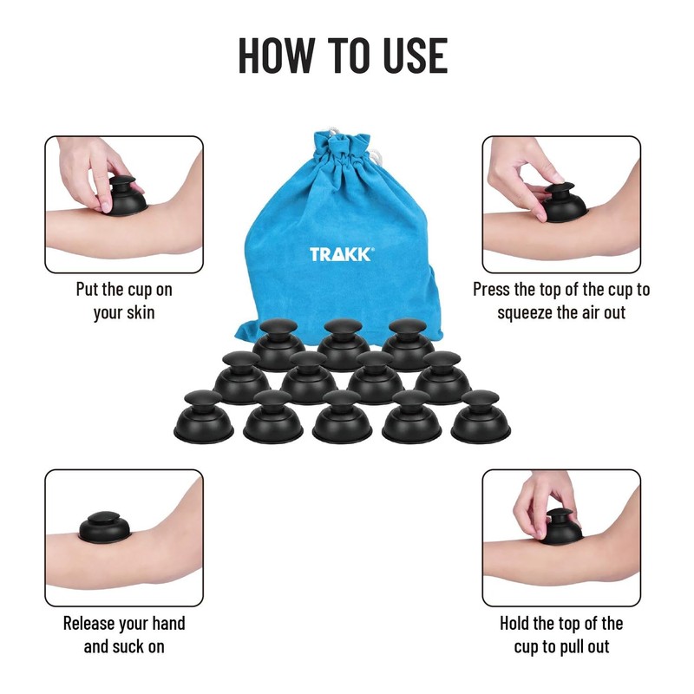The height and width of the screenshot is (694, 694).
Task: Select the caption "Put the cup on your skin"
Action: point(124,300)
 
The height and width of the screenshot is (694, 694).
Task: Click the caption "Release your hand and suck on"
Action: point(124,634)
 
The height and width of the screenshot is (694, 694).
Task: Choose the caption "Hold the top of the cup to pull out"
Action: point(561,634)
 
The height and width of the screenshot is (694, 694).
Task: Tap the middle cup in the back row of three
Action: point(343,343)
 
